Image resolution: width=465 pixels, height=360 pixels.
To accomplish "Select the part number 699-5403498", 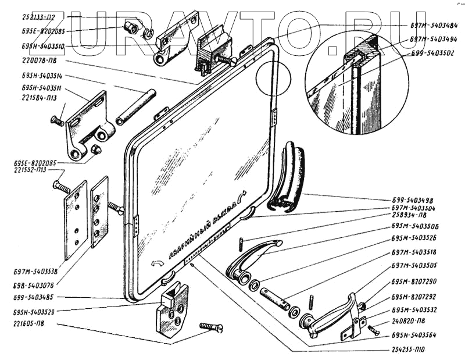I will (413, 199).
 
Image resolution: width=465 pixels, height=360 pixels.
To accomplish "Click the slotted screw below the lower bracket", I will (211, 327).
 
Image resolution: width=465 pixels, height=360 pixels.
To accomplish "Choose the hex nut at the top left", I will (132, 27).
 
